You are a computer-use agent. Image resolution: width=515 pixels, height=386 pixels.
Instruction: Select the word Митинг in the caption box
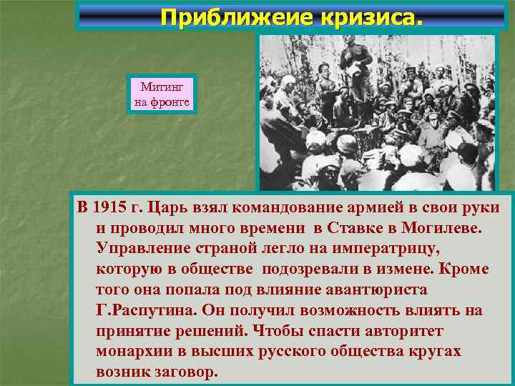(x=162, y=87)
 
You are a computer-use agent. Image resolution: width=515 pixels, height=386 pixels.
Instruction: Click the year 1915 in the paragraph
(x=108, y=209)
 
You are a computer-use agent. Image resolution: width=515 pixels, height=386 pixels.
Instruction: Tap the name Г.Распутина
(x=146, y=311)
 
